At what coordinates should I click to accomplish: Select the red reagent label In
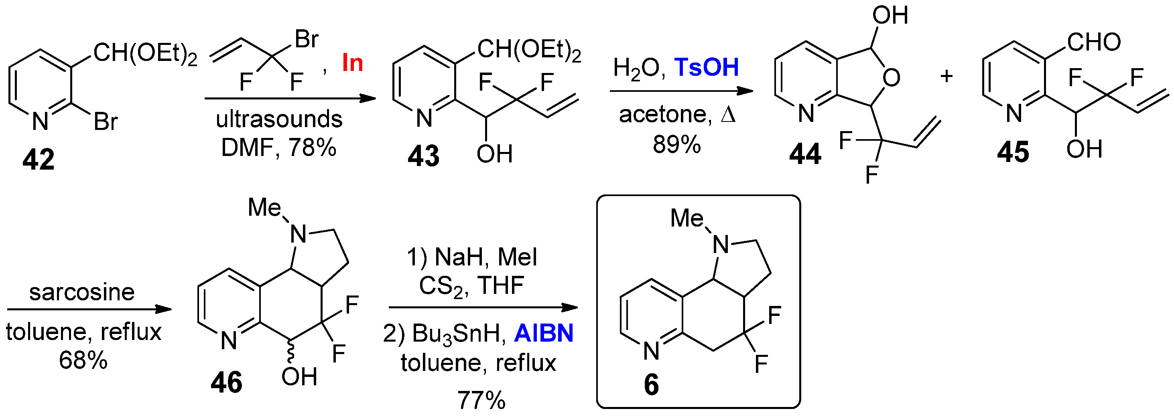352,63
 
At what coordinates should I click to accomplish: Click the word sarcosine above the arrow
82,292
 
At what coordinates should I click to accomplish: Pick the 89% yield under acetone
677,144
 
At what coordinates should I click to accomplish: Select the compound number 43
423,155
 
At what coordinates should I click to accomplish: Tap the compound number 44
805,154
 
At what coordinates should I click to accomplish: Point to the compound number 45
1013,152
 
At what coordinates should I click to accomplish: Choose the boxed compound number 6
651,385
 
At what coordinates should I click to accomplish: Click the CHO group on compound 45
1094,43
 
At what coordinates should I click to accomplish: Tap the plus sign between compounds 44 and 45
947,76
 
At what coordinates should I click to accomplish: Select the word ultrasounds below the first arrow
279,119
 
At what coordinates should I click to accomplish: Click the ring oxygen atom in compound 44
891,77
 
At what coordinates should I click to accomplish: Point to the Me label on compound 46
264,208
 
